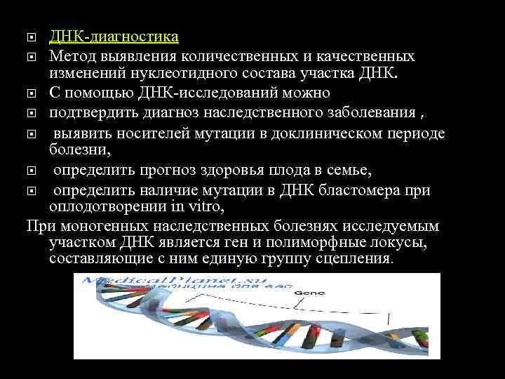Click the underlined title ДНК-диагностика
(x=114, y=36)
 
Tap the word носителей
(x=160, y=133)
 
